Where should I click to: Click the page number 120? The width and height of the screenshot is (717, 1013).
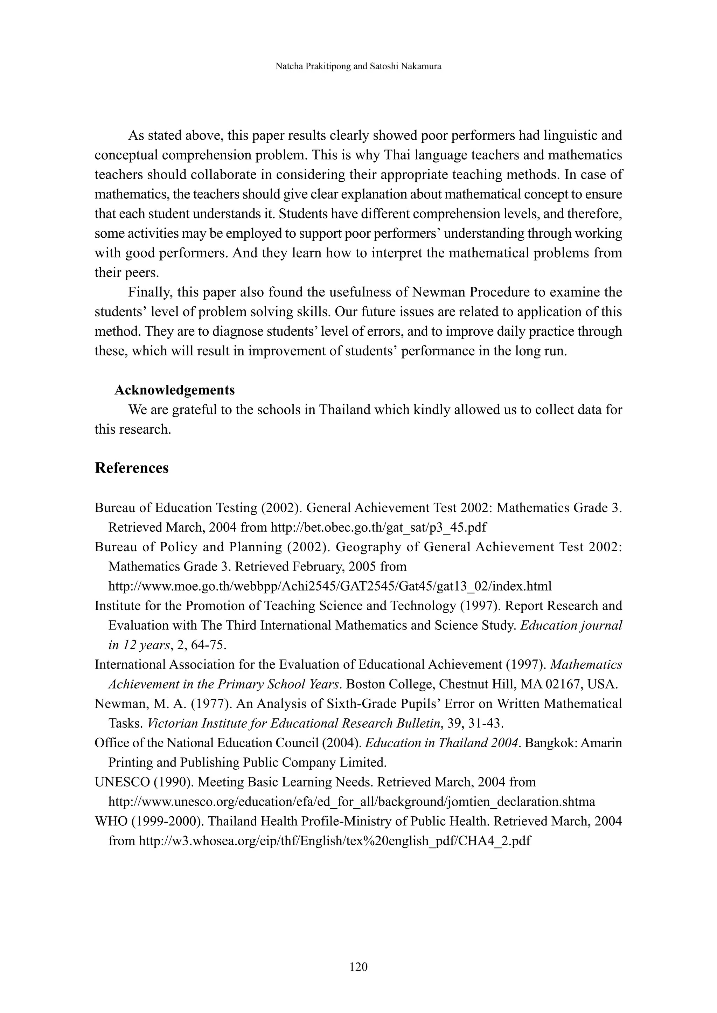pos(358,967)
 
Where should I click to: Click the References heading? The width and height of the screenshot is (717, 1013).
pos(132,468)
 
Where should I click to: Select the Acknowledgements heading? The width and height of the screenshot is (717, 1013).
pos(174,390)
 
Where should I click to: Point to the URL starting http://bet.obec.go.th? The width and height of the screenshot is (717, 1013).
pos(378,528)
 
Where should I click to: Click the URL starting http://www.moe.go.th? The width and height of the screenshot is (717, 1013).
pos(330,586)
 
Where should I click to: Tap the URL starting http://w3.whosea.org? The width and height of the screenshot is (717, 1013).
pos(334,841)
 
